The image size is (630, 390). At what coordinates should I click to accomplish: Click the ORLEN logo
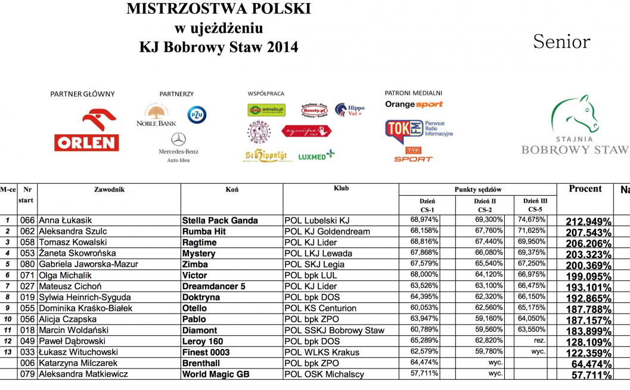[86, 130]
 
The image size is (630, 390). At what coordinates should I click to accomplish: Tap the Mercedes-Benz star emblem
[178, 139]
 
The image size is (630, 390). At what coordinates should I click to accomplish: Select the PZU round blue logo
[197, 114]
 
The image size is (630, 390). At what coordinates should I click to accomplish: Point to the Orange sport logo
[414, 104]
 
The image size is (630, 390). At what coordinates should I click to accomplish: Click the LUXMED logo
[316, 156]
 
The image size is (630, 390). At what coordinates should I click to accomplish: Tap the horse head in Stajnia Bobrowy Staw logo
[575, 114]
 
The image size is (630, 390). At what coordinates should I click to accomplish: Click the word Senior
[561, 42]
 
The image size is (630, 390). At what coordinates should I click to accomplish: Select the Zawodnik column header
[109, 190]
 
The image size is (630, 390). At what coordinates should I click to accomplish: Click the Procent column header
[585, 189]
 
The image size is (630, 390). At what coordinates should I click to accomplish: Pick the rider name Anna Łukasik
[66, 221]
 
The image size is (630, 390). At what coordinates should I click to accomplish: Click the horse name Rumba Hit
[205, 231]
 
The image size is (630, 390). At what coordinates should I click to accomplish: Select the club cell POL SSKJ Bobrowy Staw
[334, 330]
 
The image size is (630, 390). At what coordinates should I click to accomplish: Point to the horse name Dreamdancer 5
[213, 286]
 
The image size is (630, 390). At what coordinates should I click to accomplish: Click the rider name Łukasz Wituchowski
[78, 352]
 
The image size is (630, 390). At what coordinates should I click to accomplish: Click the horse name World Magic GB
[216, 374]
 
